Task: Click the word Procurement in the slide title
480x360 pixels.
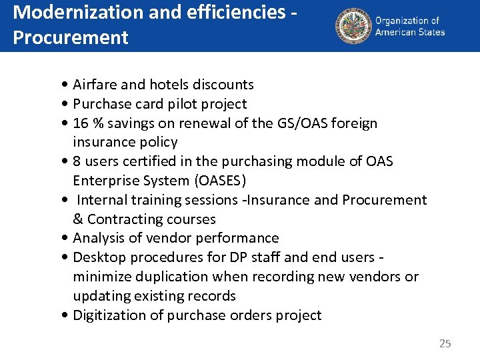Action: click(x=70, y=37)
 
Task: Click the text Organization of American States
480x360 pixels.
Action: click(x=409, y=26)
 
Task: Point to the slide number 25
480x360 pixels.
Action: click(x=445, y=344)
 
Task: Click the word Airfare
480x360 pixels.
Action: click(x=95, y=85)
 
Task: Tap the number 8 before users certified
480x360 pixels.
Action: click(x=77, y=161)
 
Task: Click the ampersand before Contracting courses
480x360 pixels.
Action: click(x=78, y=219)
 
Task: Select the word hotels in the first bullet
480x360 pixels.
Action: click(x=169, y=85)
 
